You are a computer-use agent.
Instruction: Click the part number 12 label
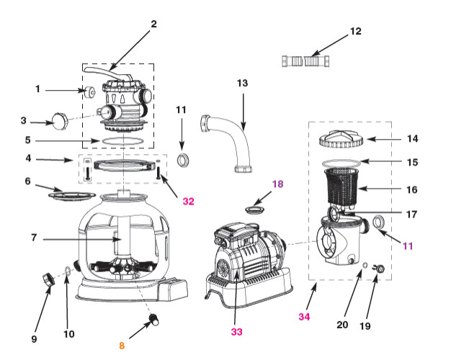[x=355, y=32]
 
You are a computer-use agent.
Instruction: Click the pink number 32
[x=188, y=202]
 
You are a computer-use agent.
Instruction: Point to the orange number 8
[x=121, y=346]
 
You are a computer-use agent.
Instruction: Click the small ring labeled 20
[x=365, y=266]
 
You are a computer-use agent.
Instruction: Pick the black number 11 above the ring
[x=181, y=110]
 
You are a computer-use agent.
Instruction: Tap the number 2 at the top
[x=153, y=24]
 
